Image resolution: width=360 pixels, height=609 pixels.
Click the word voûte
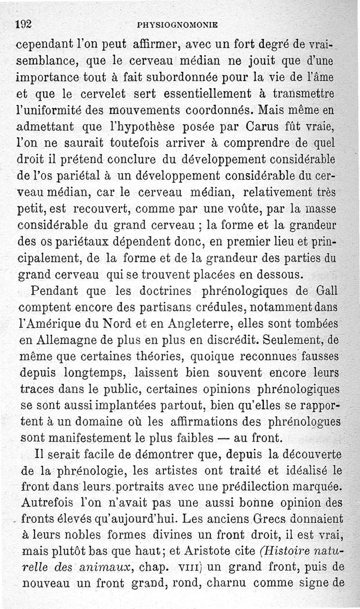tap(239, 209)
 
